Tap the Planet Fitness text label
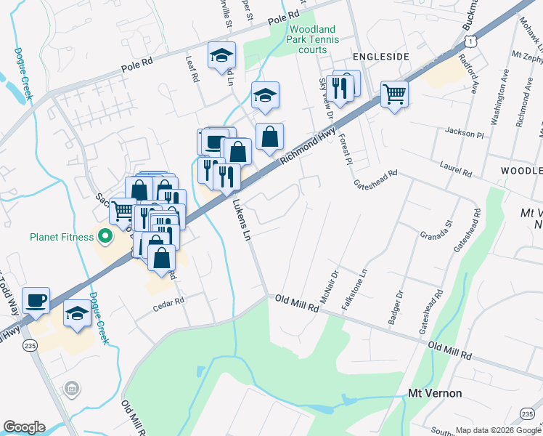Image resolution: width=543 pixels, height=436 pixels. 63,236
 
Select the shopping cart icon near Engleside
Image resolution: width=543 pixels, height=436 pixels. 394,93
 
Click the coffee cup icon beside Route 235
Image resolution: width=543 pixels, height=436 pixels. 36,299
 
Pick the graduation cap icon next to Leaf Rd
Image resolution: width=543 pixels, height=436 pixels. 221,55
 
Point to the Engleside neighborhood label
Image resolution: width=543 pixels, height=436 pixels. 380,56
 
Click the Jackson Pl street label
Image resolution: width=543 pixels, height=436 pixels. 465,134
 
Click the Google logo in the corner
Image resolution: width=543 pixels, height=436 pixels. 25,427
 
